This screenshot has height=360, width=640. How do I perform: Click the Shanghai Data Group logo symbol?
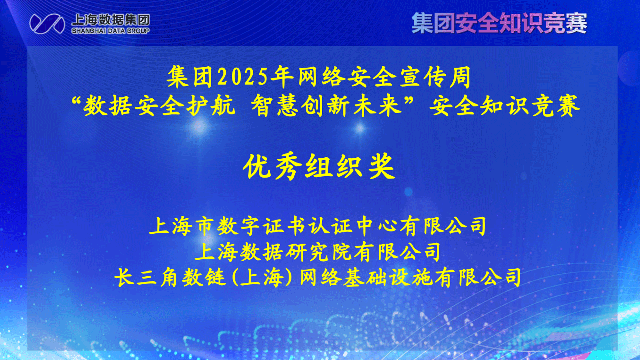point(47,23)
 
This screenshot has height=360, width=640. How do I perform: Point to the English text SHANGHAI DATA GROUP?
point(110,31)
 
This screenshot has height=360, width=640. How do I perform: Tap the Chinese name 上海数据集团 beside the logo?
point(110,19)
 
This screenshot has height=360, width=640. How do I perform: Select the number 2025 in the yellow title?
point(241,78)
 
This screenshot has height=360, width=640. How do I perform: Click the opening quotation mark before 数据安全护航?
point(76,102)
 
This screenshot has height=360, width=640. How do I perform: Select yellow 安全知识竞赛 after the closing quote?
point(506,107)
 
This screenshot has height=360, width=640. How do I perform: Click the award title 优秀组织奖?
point(319,167)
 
